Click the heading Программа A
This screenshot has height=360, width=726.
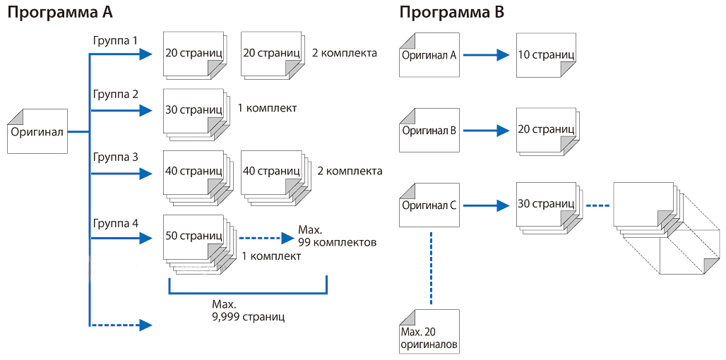click(x=60, y=13)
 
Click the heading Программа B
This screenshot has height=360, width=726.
click(x=451, y=13)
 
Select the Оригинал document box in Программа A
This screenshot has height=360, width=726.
click(x=37, y=131)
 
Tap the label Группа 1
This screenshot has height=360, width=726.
click(x=115, y=41)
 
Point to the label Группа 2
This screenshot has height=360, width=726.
click(x=115, y=94)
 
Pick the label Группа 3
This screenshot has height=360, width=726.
click(x=115, y=158)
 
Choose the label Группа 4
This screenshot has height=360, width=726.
click(x=115, y=224)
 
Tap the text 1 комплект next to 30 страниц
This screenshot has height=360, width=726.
click(x=267, y=109)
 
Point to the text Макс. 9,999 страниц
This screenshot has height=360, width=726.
click(x=248, y=311)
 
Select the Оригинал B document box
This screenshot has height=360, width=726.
click(x=429, y=131)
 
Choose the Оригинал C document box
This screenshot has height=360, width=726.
click(x=429, y=205)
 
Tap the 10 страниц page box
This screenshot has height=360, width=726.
click(x=545, y=54)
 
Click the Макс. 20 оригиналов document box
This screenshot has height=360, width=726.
click(x=429, y=332)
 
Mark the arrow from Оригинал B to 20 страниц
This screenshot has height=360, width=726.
click(x=487, y=131)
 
